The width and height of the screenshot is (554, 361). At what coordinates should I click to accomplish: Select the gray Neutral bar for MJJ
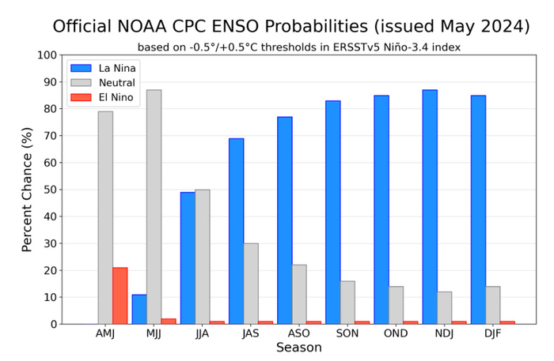154,207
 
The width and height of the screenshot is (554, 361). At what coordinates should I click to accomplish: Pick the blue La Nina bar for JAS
236,231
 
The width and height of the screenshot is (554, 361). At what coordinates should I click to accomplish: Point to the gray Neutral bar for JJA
202,257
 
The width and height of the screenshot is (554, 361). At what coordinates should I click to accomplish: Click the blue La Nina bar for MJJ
139,309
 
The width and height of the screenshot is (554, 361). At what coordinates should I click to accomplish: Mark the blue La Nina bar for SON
332,212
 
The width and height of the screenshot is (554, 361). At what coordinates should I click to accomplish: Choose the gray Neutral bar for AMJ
105,217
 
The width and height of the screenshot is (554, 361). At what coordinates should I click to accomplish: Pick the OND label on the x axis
396,333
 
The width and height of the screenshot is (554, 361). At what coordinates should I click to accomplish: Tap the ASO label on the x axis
298,333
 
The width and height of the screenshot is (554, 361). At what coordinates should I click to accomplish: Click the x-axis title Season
298,348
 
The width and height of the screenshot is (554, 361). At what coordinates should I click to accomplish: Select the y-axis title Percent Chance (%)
27,190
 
